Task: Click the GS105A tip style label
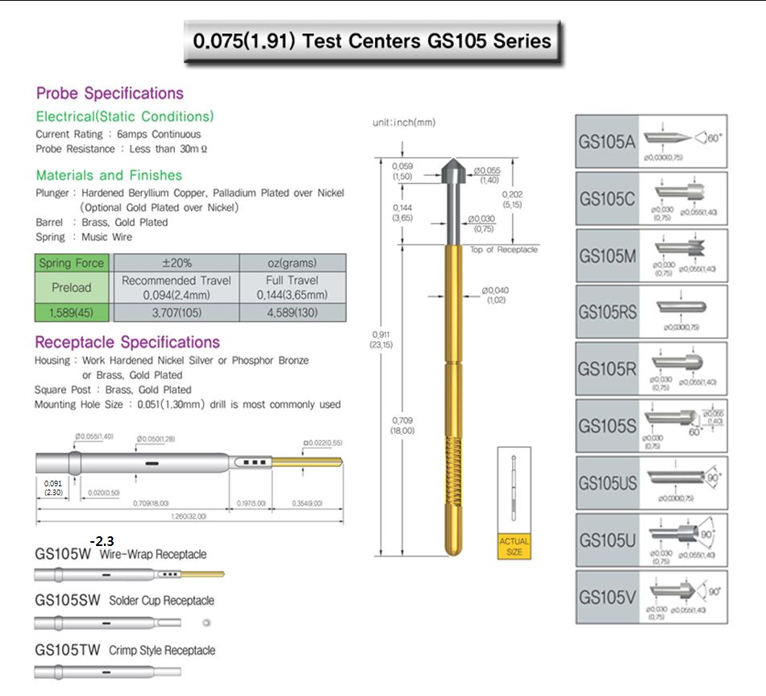pos(607,142)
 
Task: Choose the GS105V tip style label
pos(607,598)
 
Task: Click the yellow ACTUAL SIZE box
pos(514,546)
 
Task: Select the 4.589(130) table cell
pos(293,313)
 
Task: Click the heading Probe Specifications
pos(110,94)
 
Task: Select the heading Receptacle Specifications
pos(127,343)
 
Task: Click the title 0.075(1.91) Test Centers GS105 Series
pos(372,42)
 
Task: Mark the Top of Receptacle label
pos(503,250)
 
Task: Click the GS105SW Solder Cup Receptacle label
pos(124,601)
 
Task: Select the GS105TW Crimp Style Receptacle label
pos(125,651)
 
